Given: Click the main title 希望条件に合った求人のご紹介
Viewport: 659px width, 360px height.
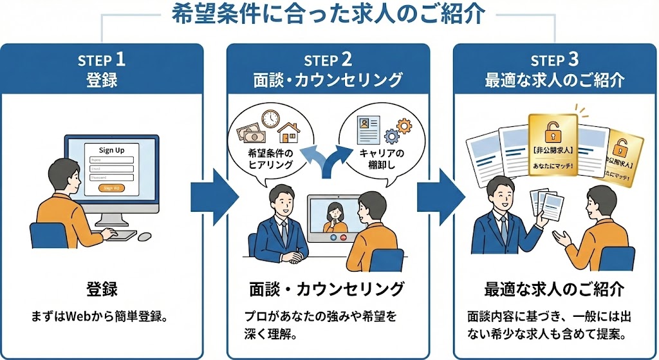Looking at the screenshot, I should (x=328, y=15).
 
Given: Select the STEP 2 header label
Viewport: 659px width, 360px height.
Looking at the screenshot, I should (x=328, y=61).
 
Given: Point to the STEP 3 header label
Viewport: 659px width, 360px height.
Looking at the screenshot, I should (x=555, y=61).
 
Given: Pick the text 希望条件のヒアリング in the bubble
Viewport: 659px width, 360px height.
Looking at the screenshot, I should (x=270, y=159).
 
